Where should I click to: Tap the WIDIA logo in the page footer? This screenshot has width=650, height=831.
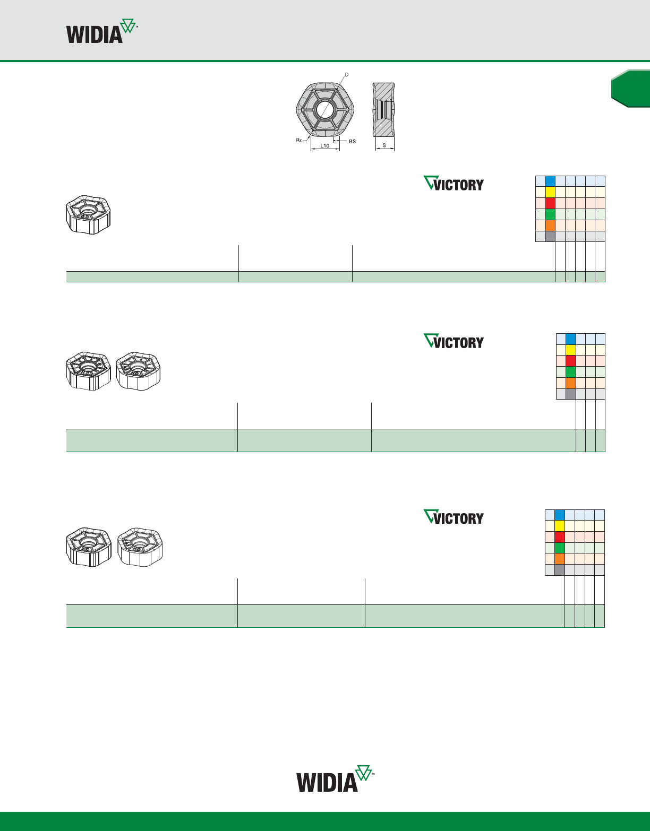tap(335, 779)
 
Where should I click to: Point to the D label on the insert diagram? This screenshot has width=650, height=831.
tap(347, 75)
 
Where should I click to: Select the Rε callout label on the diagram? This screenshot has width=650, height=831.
tap(299, 140)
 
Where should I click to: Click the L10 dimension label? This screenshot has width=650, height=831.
tap(324, 145)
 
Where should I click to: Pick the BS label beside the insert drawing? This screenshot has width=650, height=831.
tap(353, 142)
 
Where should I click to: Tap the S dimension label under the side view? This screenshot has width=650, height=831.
tap(384, 145)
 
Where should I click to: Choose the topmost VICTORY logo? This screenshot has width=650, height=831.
tap(454, 184)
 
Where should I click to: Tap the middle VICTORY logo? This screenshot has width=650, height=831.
tap(454, 341)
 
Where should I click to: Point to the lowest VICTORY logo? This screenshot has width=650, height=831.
tap(454, 517)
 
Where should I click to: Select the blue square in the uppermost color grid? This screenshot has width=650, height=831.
tap(550, 181)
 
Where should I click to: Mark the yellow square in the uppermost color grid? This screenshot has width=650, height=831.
tap(550, 192)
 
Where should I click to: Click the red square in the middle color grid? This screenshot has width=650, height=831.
tap(570, 361)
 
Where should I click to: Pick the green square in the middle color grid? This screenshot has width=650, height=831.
tap(570, 372)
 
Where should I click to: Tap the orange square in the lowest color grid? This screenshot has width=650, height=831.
tap(560, 559)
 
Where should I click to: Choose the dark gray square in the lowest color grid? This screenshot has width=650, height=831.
tap(560, 570)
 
